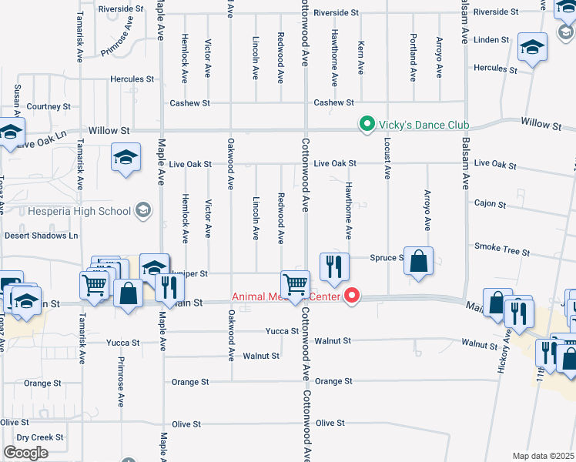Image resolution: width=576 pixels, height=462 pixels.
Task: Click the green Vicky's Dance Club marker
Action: pos(367,124)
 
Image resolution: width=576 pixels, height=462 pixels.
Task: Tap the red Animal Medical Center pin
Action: pos(353,296)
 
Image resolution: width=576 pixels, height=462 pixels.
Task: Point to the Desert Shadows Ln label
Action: pos(42,236)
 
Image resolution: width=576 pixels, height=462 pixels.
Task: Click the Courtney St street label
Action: pos(49,107)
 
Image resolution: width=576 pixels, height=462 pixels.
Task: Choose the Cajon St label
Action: pos(491,205)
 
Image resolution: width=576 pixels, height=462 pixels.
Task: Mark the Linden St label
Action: pos(492,39)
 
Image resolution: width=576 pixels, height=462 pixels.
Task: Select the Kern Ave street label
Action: pos(360,59)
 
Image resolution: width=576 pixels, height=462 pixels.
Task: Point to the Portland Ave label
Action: pos(414,59)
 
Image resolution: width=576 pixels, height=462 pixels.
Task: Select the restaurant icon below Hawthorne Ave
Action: pos(334,267)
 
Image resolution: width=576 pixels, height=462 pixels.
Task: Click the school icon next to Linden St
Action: pos(532,47)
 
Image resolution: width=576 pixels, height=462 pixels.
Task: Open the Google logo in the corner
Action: pos(26,453)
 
